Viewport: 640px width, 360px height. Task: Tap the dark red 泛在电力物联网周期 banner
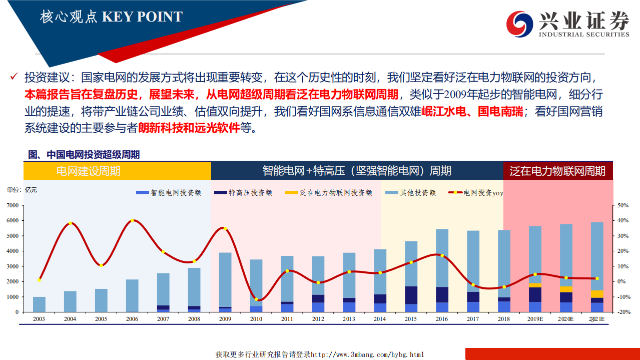(557, 171)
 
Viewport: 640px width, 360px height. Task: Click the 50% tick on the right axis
(623, 205)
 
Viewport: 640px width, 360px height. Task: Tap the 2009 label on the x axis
(225, 319)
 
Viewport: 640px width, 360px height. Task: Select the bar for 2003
(39, 304)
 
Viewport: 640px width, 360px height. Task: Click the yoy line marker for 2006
(132, 221)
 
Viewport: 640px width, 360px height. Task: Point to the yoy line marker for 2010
(256, 299)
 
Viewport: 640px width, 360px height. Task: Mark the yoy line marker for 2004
(70, 223)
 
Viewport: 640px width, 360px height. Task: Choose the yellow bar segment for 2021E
(597, 294)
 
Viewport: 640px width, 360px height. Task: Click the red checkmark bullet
(15, 78)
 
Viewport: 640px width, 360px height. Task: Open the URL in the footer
(367, 354)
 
